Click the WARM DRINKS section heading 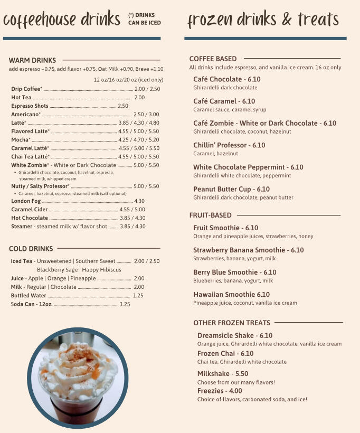pos(32,60)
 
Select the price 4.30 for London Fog pos(139,201)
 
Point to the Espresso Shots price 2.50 pos(123,106)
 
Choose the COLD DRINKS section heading pos(31,249)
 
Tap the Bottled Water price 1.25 pos(138,296)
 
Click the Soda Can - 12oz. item pos(32,304)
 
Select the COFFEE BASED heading pos(213,59)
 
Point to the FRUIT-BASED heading pos(210,215)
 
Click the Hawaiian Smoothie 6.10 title pos(231,295)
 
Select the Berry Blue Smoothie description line pos(233,281)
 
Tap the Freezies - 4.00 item pos(220,391)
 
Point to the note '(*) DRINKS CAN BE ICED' pos(144,19)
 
